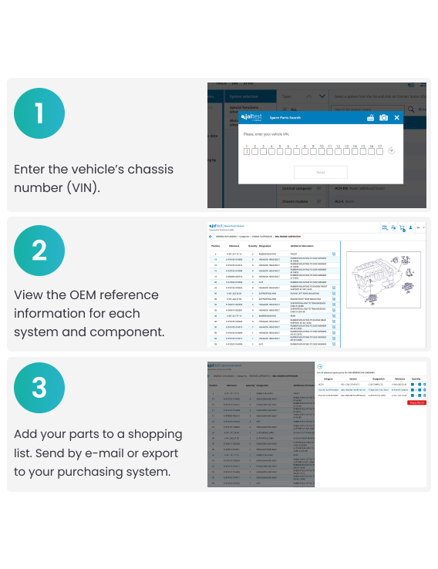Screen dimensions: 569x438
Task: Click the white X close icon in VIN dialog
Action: tap(397, 118)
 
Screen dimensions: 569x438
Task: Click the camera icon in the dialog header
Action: tap(383, 118)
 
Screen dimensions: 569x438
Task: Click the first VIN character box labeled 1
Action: tap(247, 151)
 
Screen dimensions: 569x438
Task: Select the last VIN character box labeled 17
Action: tap(379, 151)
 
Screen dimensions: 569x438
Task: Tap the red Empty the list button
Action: tap(416, 402)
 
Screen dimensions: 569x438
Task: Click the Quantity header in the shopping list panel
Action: tap(416, 379)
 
